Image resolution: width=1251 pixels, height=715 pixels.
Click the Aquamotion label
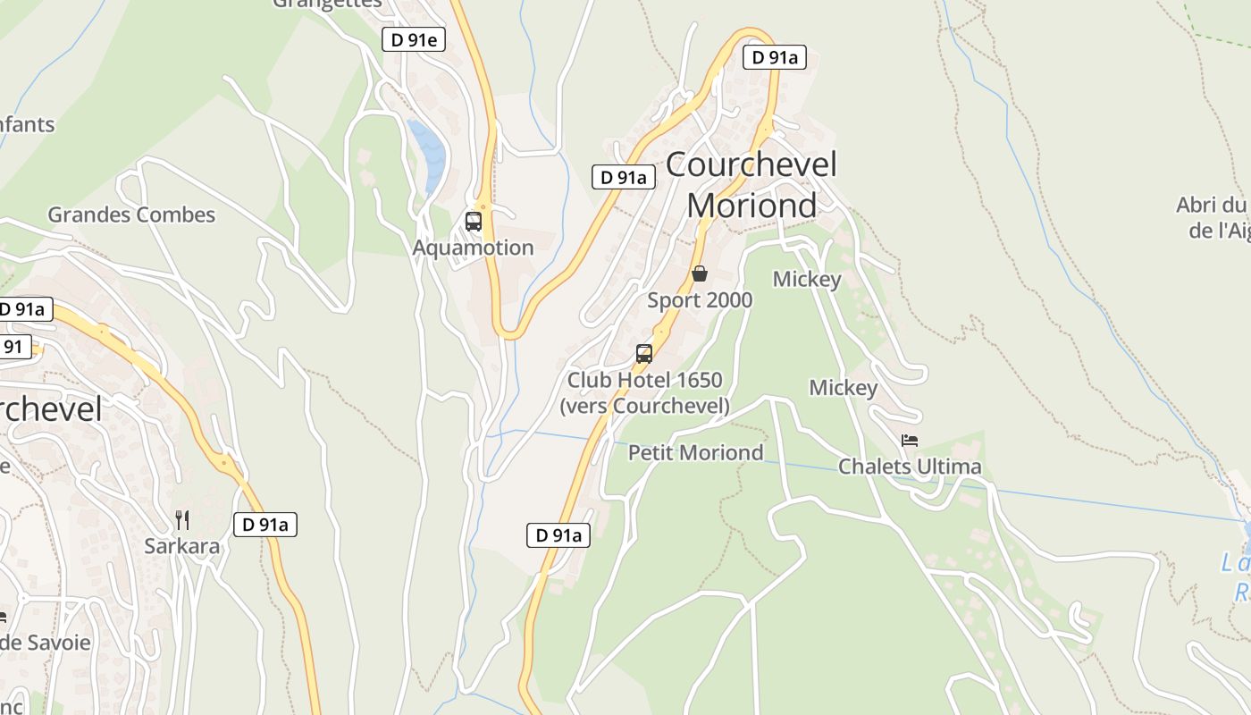[473, 248]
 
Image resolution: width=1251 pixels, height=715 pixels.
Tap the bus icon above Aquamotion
[474, 221]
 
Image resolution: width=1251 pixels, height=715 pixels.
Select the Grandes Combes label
[131, 214]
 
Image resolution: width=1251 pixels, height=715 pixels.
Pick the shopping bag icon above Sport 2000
[700, 273]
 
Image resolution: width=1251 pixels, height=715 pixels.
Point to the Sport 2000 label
[700, 300]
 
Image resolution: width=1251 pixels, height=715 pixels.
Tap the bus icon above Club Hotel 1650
[644, 353]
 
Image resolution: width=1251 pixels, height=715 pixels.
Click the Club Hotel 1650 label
[644, 380]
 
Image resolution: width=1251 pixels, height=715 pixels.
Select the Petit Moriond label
[695, 452]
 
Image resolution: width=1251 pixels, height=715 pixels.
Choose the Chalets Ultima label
[910, 467]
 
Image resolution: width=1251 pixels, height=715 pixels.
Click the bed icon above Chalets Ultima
[910, 441]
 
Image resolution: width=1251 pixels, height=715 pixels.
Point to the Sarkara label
[182, 546]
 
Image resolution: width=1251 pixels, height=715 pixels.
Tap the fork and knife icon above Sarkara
[182, 519]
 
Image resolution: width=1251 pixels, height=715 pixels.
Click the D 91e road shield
[414, 39]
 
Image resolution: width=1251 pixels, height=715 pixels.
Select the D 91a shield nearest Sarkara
[265, 525]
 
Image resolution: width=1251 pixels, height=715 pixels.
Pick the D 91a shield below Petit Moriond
[558, 535]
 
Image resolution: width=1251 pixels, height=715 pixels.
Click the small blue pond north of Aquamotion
[428, 152]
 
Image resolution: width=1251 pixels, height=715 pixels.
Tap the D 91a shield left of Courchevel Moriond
[624, 177]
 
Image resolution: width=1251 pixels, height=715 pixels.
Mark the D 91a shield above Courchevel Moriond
[775, 58]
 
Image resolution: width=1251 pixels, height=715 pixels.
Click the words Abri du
[1211, 205]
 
